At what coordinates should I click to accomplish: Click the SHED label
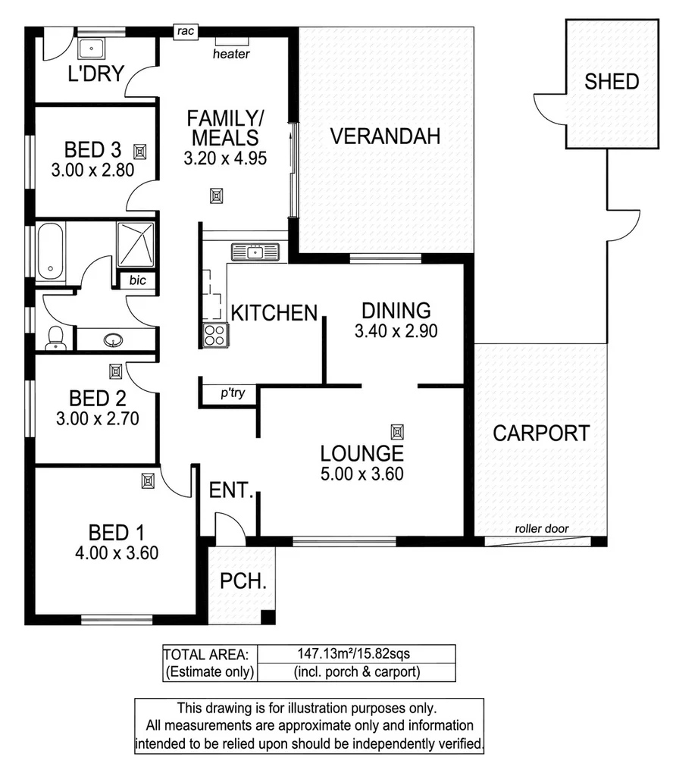[x=611, y=82]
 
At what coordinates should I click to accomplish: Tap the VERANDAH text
[x=386, y=137]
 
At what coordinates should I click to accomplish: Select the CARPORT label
[x=541, y=433]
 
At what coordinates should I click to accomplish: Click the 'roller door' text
[x=541, y=529]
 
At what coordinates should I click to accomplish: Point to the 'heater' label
[x=231, y=55]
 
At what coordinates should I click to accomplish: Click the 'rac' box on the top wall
[x=184, y=32]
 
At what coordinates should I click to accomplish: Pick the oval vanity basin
[x=114, y=339]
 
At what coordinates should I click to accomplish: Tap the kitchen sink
[x=255, y=251]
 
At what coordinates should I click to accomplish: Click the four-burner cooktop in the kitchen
[x=215, y=333]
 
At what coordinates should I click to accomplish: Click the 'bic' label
[x=137, y=280]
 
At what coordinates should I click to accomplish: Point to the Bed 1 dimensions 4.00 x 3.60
[x=117, y=553]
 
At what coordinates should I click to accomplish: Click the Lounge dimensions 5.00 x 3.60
[x=361, y=475]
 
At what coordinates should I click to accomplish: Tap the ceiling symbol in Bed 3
[x=140, y=149]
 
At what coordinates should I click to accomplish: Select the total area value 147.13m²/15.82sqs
[x=355, y=652]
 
